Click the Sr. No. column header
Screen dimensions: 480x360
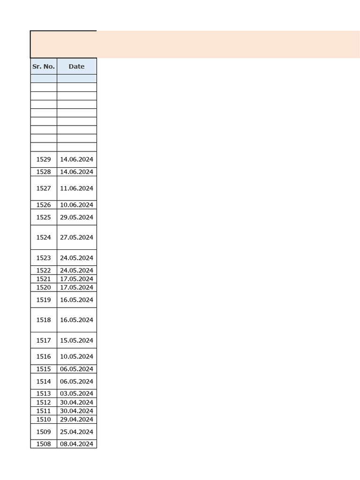(44, 67)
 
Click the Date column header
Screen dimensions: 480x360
(76, 67)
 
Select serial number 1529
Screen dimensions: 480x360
(44, 159)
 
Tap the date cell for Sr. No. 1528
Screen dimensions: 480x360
(76, 172)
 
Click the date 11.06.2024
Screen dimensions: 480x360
(76, 188)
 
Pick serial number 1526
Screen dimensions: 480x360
(44, 205)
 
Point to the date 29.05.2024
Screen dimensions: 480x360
(76, 217)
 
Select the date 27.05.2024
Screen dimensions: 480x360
(76, 237)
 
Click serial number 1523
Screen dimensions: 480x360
(44, 258)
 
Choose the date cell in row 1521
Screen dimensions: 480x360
(76, 279)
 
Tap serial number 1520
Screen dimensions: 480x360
(44, 287)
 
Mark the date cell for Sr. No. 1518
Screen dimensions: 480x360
(76, 320)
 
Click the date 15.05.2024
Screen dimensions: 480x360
(76, 340)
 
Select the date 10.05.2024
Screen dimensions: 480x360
(76, 356)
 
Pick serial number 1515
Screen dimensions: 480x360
(44, 369)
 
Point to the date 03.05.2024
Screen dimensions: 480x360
(76, 394)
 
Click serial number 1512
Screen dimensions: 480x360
(44, 402)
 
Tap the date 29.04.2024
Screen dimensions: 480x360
(76, 419)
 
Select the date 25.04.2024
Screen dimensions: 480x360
(76, 432)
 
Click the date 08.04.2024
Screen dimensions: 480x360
(76, 444)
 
